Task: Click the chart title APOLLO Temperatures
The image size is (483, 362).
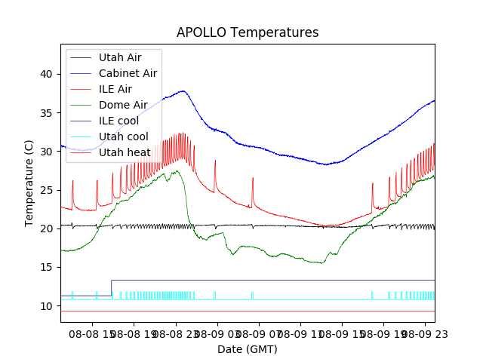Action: coord(248,33)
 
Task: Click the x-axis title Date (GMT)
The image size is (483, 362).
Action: coord(248,349)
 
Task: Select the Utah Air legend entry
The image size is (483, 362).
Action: coord(119,57)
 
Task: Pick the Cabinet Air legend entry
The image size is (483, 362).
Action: coord(128,73)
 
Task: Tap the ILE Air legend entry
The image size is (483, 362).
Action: coord(115,89)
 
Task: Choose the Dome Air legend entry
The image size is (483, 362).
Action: coord(123,105)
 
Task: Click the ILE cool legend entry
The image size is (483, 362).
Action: coord(118,121)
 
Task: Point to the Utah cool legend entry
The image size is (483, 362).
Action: coord(122,137)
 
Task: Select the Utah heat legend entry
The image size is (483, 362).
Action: coord(122,152)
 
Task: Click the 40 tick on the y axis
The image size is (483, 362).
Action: coord(48,74)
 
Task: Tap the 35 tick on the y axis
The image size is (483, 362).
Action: coord(48,113)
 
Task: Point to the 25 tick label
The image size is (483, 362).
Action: coord(48,190)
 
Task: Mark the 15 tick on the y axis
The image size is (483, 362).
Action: coord(48,268)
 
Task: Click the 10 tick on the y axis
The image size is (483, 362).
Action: coord(48,306)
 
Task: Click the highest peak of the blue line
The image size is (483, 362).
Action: coord(183,90)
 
